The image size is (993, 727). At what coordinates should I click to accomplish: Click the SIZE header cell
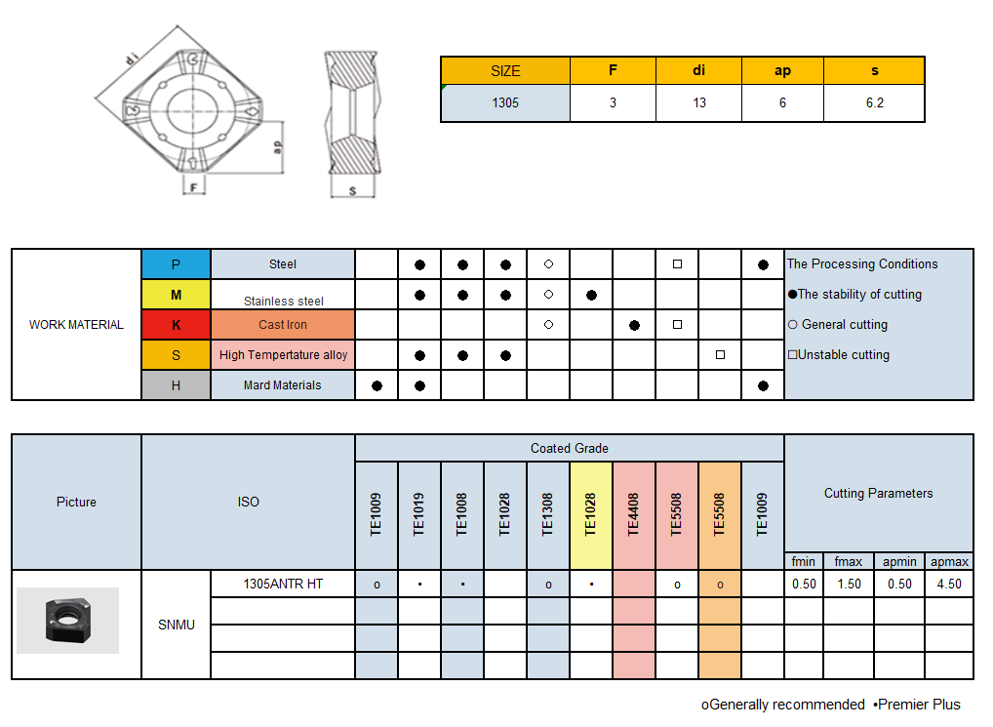click(x=505, y=71)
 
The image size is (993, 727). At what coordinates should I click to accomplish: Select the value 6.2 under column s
click(x=874, y=102)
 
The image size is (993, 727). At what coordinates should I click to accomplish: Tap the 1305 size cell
click(x=505, y=102)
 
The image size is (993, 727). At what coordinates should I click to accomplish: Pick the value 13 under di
click(x=699, y=102)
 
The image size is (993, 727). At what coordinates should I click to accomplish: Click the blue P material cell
click(x=176, y=264)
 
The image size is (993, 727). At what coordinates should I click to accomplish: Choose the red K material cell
click(x=176, y=325)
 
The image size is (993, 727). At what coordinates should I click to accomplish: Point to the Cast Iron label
click(x=283, y=325)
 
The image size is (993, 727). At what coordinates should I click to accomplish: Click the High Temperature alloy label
click(x=283, y=355)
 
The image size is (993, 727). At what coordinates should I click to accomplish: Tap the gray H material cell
click(x=176, y=385)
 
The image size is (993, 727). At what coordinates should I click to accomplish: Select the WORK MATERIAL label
click(x=76, y=325)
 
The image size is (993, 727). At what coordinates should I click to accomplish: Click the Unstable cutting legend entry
click(x=839, y=355)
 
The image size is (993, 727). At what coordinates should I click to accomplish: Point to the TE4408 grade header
click(x=634, y=515)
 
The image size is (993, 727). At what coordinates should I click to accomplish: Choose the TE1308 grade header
click(x=548, y=515)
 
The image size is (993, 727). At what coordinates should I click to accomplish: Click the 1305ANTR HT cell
click(x=283, y=585)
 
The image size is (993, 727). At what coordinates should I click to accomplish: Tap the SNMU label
click(x=177, y=625)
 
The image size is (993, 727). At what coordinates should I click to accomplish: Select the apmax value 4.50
click(x=949, y=585)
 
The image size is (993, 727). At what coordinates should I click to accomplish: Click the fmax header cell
click(x=849, y=562)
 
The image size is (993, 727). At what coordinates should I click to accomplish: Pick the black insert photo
click(x=67, y=622)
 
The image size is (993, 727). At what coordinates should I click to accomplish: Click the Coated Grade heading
click(x=570, y=449)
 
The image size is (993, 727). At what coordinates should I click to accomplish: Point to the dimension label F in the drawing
click(x=194, y=186)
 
